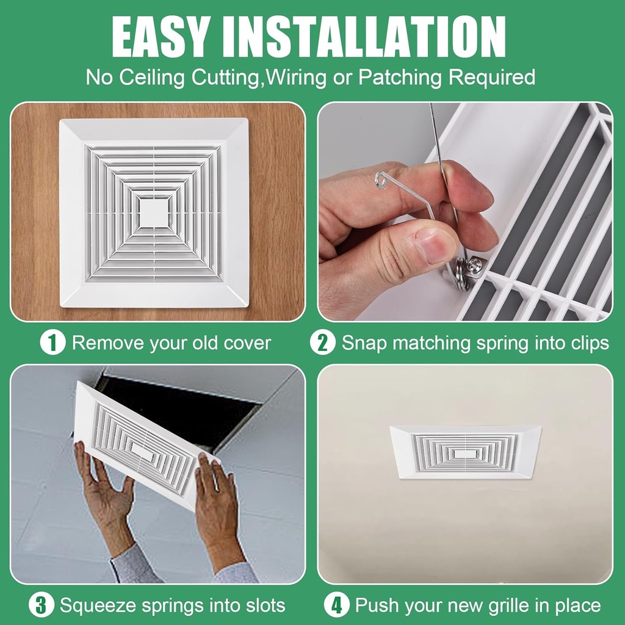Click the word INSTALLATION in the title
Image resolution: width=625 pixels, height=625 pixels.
pos(375,37)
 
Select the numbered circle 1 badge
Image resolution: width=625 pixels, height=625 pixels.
pos(52,342)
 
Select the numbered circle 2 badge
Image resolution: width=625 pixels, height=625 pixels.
pos(322,342)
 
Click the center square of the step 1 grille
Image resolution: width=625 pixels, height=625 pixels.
pos(154,212)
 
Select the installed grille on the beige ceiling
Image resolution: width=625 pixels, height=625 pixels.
pos(465,452)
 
